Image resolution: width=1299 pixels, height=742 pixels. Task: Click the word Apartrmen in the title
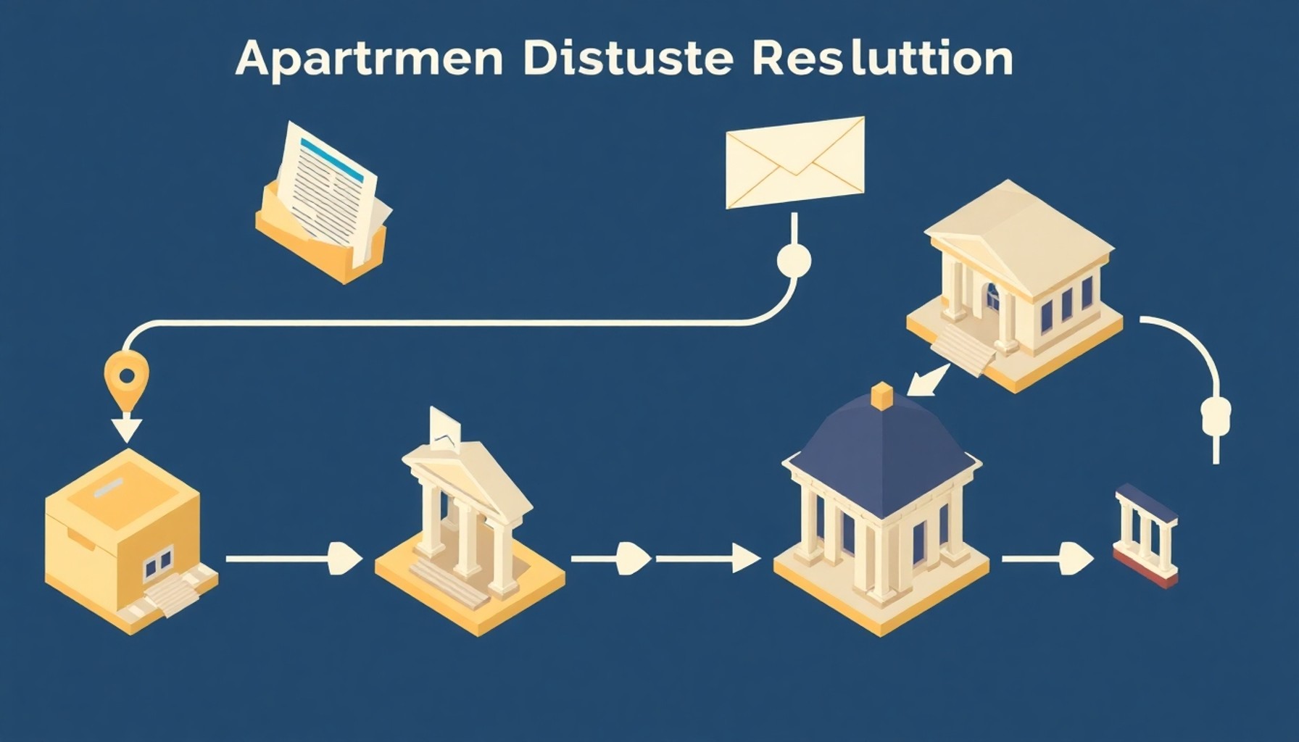click(369, 59)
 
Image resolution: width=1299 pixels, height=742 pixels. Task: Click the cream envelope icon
click(795, 162)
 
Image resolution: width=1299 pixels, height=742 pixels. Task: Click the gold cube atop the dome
click(881, 396)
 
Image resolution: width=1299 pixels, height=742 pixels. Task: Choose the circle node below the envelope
click(794, 259)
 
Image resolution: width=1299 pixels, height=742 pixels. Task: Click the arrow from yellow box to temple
click(294, 559)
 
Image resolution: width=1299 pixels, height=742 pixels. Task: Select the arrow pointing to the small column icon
click(1048, 559)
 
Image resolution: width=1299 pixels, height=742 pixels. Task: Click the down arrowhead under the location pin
click(127, 428)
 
